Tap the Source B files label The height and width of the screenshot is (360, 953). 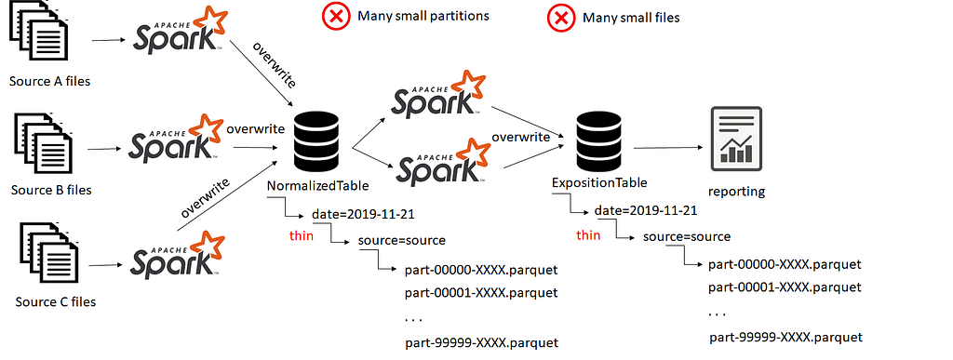[51, 190]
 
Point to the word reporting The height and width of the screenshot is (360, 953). [736, 192]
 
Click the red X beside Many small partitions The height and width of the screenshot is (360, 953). [335, 17]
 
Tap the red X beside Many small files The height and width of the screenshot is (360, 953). [561, 18]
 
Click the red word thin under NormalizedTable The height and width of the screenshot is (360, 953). [302, 235]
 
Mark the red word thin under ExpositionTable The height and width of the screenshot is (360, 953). [588, 235]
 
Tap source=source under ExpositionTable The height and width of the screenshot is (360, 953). [687, 237]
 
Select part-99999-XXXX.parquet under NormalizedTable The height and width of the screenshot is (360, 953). [481, 343]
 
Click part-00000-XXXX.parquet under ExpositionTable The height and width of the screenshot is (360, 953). [785, 265]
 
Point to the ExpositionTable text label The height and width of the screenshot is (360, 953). [599, 182]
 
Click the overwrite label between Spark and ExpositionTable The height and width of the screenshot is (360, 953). [521, 137]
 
